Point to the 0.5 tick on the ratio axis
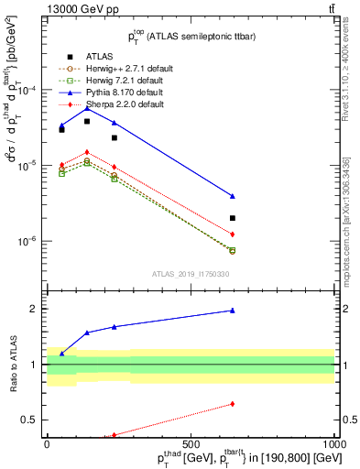[x=34, y=420]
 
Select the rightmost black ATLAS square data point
[x=233, y=218]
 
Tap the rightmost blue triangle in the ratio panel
[x=233, y=311]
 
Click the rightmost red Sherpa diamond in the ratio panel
[x=233, y=404]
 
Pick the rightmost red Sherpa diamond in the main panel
[x=233, y=234]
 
